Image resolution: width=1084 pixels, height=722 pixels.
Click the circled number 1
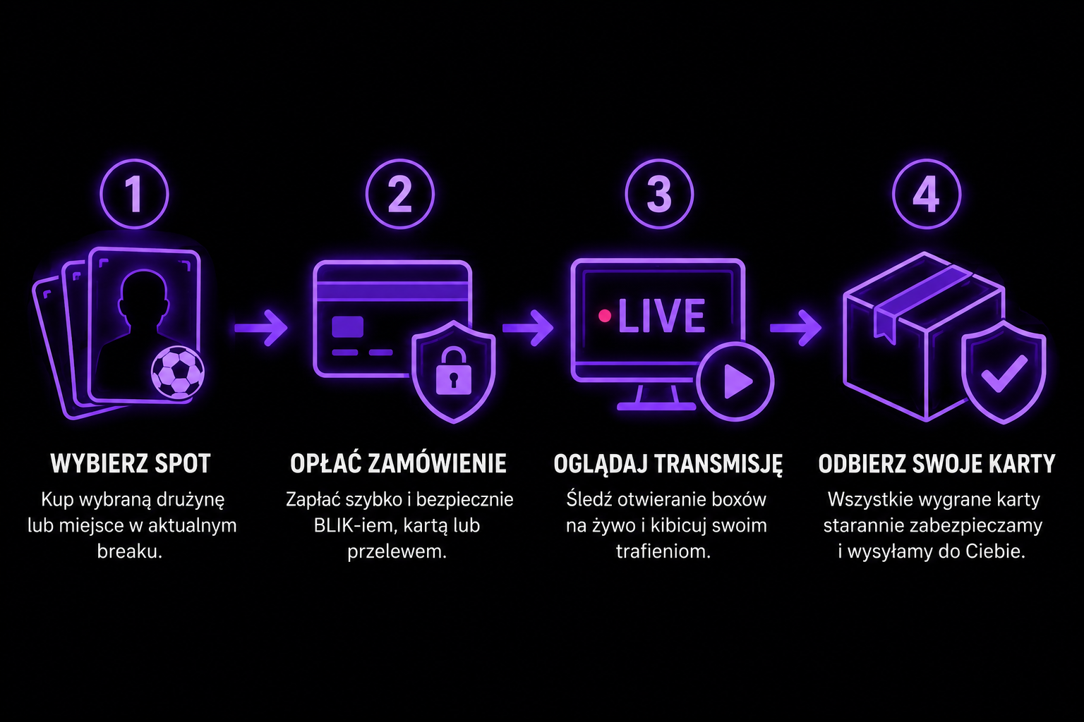[134, 194]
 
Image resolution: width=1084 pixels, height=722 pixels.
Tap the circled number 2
[400, 194]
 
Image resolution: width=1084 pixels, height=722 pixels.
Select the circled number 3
[659, 194]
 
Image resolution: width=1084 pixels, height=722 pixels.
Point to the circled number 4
[926, 194]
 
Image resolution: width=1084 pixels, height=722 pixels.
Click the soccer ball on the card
[178, 372]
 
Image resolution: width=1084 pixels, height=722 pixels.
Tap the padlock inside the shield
[454, 371]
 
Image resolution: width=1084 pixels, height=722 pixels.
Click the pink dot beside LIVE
[604, 316]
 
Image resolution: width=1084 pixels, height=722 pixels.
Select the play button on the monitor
[735, 381]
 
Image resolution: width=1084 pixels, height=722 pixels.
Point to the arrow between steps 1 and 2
[261, 329]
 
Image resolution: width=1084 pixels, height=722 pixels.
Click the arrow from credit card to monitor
[528, 329]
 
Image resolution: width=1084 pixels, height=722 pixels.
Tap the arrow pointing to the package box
[795, 329]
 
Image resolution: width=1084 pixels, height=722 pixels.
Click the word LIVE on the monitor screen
[661, 316]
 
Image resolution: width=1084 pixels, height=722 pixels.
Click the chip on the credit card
[347, 326]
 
